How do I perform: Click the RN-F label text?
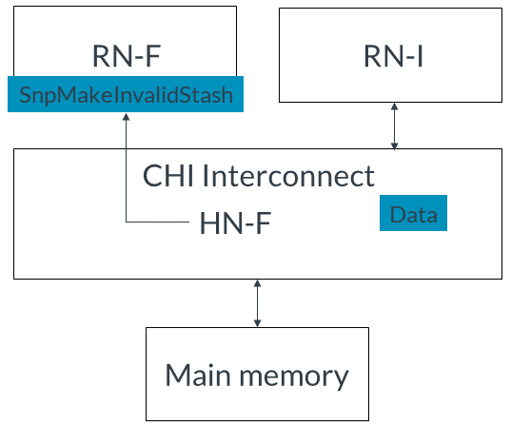(127, 56)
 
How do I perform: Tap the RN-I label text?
(393, 56)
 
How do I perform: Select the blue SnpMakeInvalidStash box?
(126, 94)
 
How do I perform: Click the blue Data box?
(413, 213)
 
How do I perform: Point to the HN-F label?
(235, 223)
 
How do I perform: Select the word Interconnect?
(288, 176)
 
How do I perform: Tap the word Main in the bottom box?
(198, 375)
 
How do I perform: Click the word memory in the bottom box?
(294, 378)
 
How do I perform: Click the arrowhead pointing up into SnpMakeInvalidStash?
(127, 117)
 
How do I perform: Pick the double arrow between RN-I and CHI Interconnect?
(394, 126)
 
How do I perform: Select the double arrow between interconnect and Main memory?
(257, 303)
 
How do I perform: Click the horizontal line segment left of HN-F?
(158, 222)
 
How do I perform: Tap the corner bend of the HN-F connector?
(127, 222)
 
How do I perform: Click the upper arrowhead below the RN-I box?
(394, 106)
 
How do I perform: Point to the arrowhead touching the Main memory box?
(257, 323)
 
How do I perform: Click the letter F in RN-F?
(153, 56)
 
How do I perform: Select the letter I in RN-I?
(421, 56)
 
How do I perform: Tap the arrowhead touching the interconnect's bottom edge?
(257, 283)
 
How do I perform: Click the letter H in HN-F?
(208, 223)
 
